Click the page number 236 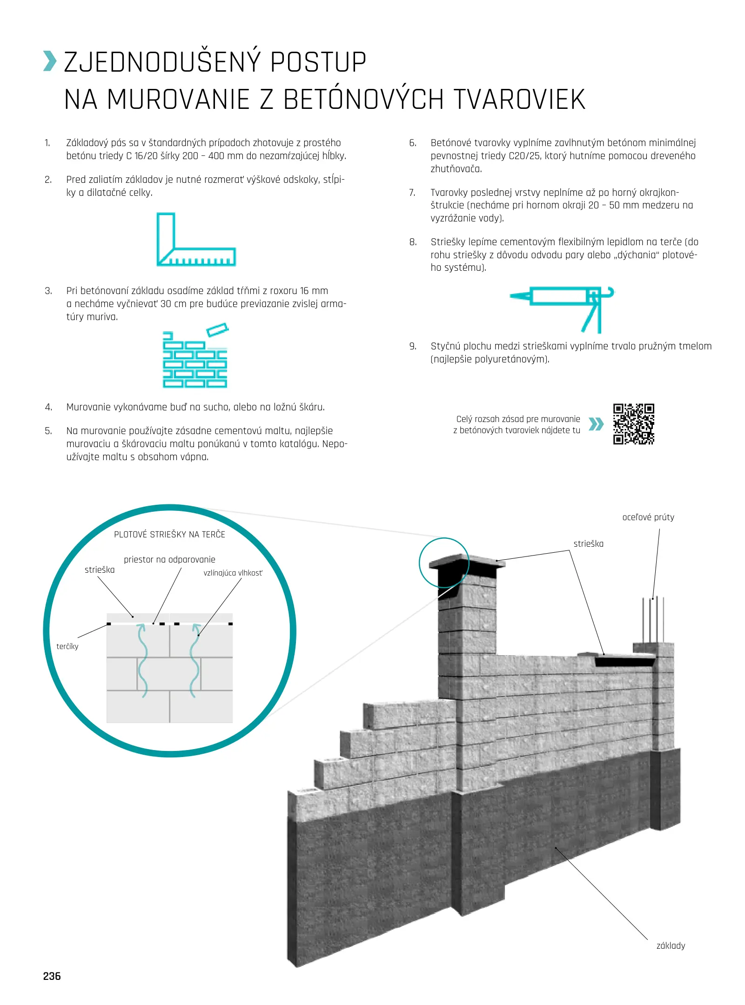coord(52,976)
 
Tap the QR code coord(633,424)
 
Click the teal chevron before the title coord(50,61)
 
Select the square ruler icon coord(195,240)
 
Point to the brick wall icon coord(195,356)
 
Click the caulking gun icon coord(562,308)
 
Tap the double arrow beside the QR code coord(596,424)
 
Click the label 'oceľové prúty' coord(648,517)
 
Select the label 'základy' coord(670,945)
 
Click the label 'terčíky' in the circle coord(67,646)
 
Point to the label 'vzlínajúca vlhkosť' coord(233,573)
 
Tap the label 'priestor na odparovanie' coord(169,559)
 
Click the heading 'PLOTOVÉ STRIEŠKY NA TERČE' coord(169,535)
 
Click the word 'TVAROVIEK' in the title coord(519,100)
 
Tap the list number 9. coord(413,346)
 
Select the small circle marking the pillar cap coord(444,563)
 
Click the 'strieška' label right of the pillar coord(588,543)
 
